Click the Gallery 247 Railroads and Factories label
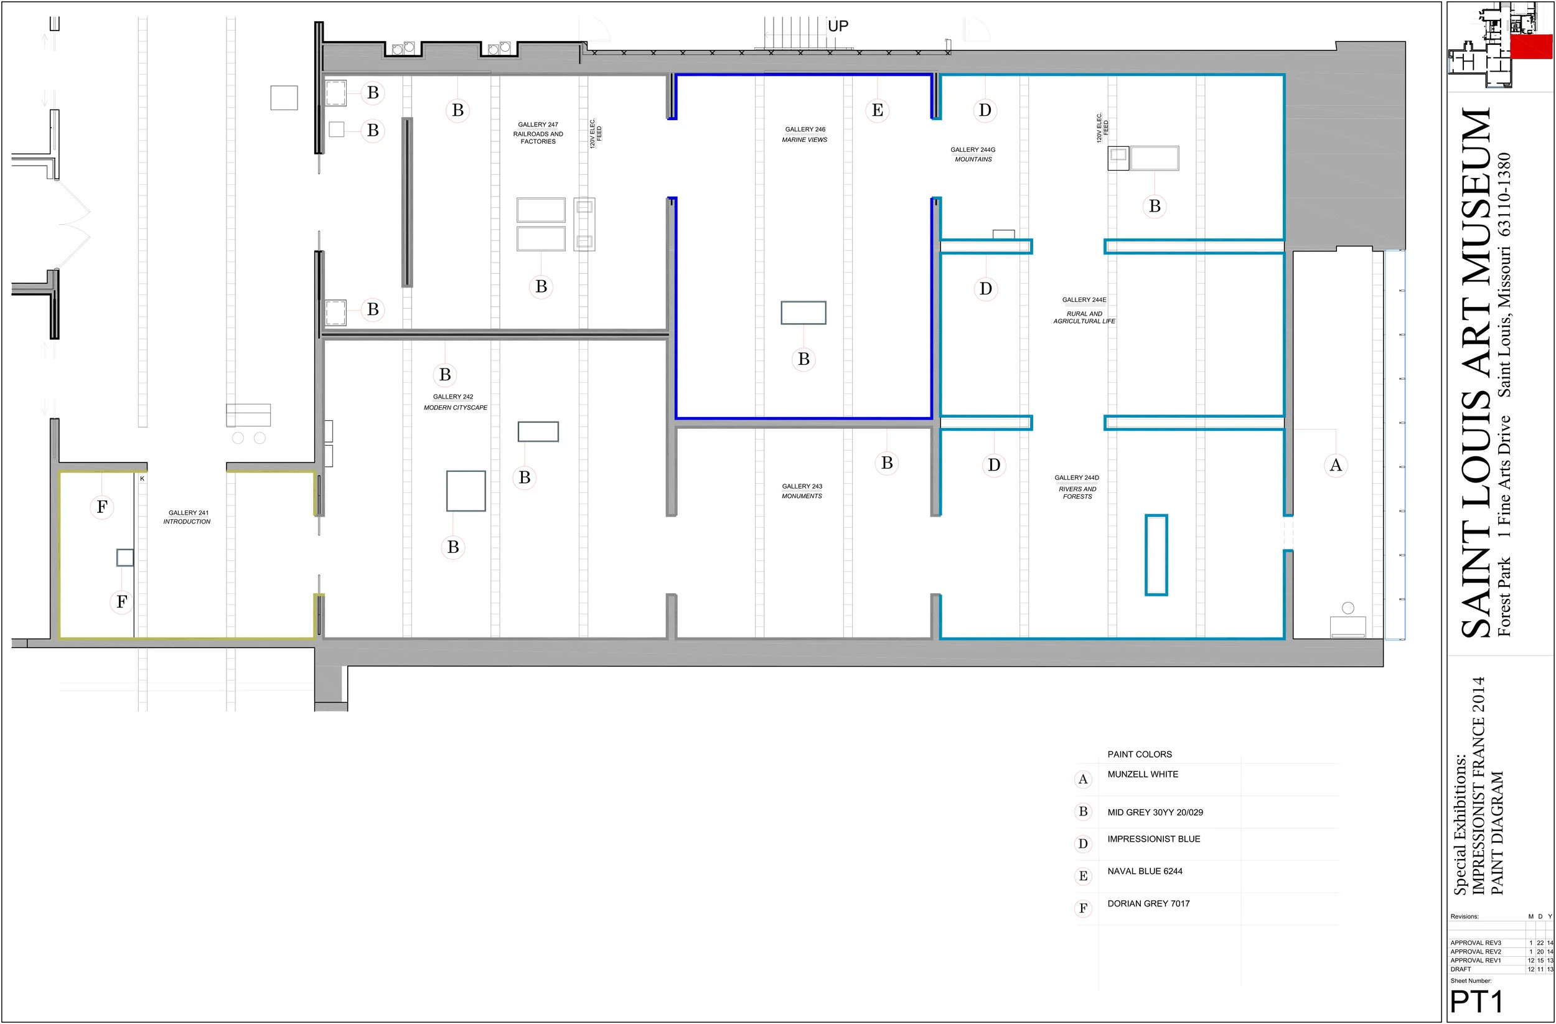[x=538, y=133]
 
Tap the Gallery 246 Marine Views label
[x=805, y=134]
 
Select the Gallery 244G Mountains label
[x=973, y=154]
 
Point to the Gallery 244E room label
[x=1084, y=311]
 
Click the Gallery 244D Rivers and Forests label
[x=1077, y=487]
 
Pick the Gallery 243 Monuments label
[x=802, y=491]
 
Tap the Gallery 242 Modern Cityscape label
[x=455, y=402]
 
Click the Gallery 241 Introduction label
[x=187, y=517]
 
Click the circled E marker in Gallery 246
[x=878, y=110]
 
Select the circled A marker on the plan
[x=1336, y=465]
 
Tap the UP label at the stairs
[x=838, y=26]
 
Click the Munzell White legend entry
[x=1143, y=774]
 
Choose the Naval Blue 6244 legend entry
[x=1145, y=871]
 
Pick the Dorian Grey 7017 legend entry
[x=1149, y=904]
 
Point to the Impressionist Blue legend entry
[x=1154, y=839]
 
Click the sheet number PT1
[x=1477, y=1002]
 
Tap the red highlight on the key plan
[x=1531, y=47]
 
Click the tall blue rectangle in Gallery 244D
[x=1156, y=555]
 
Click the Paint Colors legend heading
[x=1140, y=754]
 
